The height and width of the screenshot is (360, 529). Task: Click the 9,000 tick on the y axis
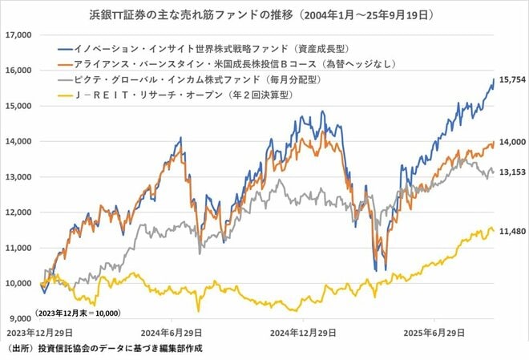tap(18, 318)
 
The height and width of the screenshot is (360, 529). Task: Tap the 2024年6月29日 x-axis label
tap(172, 331)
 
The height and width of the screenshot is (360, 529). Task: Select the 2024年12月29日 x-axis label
tap(301, 331)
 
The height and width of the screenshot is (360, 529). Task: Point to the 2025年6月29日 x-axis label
tap(434, 331)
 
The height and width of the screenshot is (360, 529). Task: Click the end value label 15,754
tap(511, 80)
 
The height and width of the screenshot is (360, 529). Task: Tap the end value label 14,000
tap(511, 142)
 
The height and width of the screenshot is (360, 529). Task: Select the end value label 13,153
tap(511, 172)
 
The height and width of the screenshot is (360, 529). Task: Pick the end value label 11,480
tap(511, 231)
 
